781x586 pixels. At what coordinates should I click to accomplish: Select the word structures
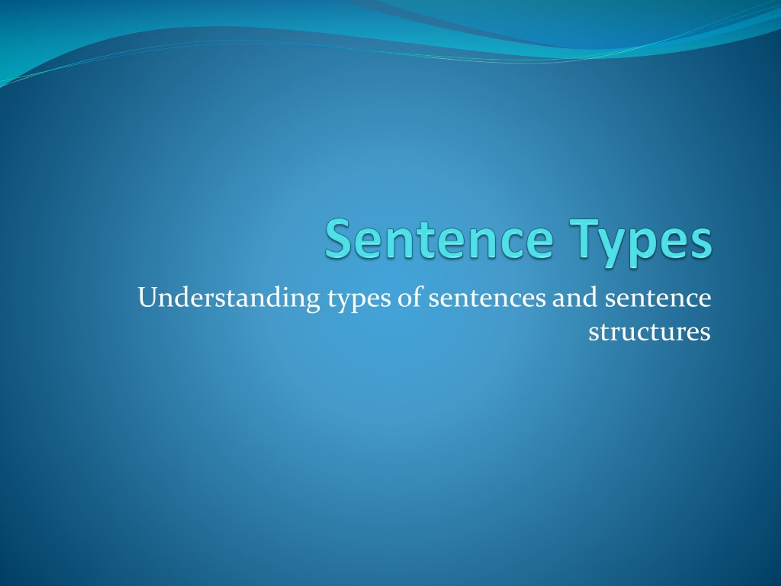point(649,333)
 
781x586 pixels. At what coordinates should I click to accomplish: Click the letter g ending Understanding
point(313,301)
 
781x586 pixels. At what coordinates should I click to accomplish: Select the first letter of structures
point(593,334)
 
